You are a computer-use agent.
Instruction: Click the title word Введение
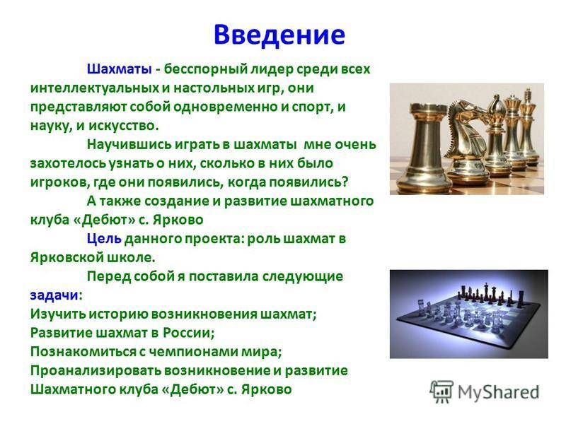[279, 35]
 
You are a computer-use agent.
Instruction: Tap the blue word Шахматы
[119, 69]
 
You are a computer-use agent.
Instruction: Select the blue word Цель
[104, 239]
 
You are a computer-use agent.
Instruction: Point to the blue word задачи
[54, 295]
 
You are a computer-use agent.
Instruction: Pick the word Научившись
[129, 145]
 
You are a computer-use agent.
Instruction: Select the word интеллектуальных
[94, 88]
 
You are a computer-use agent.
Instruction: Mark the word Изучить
[58, 314]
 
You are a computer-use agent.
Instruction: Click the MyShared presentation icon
[441, 391]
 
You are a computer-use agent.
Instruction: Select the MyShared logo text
[499, 392]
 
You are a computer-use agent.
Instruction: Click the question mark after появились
[345, 182]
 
